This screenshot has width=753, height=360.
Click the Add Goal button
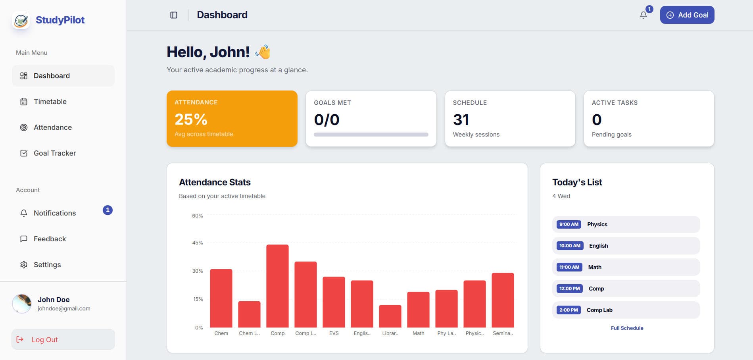[x=687, y=15]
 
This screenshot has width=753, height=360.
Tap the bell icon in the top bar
[x=643, y=15]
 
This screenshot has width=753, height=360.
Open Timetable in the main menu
[x=50, y=102]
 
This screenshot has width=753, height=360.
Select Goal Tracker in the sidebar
[x=54, y=153]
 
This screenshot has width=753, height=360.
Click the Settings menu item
[x=47, y=265]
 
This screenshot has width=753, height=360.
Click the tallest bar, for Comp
[x=277, y=286]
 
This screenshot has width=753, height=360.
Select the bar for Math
[x=418, y=310]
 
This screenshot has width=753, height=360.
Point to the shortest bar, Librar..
[x=390, y=316]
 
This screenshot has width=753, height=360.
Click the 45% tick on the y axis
[x=198, y=243]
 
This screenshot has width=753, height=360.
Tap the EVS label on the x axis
[x=334, y=333]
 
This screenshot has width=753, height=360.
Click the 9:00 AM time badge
[x=569, y=224]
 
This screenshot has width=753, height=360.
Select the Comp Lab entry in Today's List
[x=599, y=310]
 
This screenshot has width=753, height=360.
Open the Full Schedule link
[x=627, y=328]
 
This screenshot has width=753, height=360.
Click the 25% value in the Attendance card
[x=191, y=119]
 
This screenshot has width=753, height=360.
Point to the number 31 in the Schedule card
[x=461, y=119]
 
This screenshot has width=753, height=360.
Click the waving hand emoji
[x=263, y=52]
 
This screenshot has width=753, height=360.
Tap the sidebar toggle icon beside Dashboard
[x=174, y=15]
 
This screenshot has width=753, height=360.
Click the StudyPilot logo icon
[x=21, y=20]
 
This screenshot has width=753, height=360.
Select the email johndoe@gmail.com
[x=64, y=308]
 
